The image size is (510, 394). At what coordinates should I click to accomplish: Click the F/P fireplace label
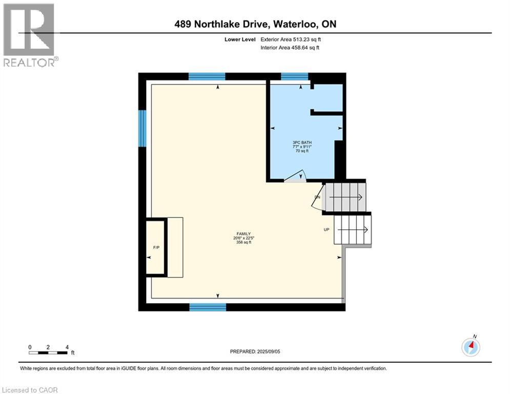156,248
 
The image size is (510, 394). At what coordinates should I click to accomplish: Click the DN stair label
317,197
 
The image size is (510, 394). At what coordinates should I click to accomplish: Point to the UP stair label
327,229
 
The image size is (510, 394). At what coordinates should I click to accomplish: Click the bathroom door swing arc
296,175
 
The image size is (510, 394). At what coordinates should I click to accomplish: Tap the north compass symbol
471,347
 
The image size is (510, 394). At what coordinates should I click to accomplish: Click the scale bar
48,352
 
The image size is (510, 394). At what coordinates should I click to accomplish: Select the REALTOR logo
29,34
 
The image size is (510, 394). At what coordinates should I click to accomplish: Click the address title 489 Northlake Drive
255,24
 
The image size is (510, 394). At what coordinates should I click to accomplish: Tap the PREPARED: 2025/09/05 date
255,351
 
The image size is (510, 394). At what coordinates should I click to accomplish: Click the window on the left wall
142,128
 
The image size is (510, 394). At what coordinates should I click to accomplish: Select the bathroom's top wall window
294,77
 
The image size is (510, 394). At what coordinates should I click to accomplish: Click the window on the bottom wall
208,307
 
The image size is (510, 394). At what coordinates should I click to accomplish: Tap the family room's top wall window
207,77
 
